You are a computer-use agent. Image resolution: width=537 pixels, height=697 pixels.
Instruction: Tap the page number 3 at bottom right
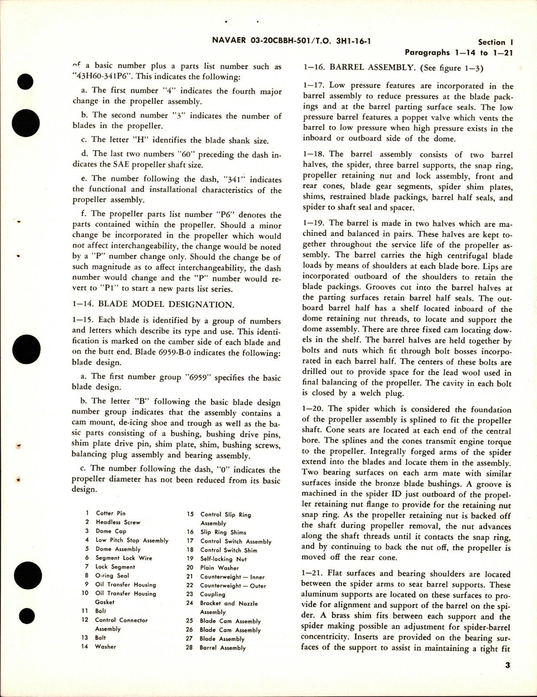(x=507, y=665)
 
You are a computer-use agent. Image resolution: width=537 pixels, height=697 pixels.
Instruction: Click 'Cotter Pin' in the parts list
(x=110, y=513)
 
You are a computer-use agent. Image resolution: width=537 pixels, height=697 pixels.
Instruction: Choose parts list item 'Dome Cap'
(x=110, y=531)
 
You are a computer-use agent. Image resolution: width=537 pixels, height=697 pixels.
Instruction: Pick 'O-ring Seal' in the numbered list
(x=112, y=576)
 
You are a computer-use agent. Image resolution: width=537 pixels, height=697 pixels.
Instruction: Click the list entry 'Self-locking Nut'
(x=223, y=559)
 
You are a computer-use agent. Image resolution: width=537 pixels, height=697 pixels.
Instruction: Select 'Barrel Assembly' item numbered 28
(x=223, y=648)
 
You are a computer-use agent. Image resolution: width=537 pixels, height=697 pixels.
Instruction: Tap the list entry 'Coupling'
(x=212, y=595)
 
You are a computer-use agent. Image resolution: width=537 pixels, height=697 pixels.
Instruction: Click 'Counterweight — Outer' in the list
(x=233, y=586)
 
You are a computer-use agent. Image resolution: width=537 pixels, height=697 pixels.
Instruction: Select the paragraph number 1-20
(x=314, y=409)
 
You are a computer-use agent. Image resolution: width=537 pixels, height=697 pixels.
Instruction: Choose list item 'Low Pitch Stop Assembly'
(x=132, y=540)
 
